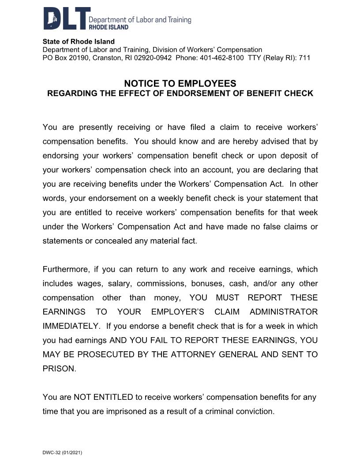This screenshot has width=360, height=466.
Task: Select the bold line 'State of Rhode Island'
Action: (x=79, y=42)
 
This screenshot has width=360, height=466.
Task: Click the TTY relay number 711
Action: (x=304, y=58)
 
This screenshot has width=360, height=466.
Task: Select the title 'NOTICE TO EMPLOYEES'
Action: (x=180, y=83)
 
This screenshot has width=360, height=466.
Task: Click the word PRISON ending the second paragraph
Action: (x=59, y=368)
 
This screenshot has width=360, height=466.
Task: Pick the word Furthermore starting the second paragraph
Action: (x=64, y=269)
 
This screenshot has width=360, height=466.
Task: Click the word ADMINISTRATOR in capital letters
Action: (x=284, y=312)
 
